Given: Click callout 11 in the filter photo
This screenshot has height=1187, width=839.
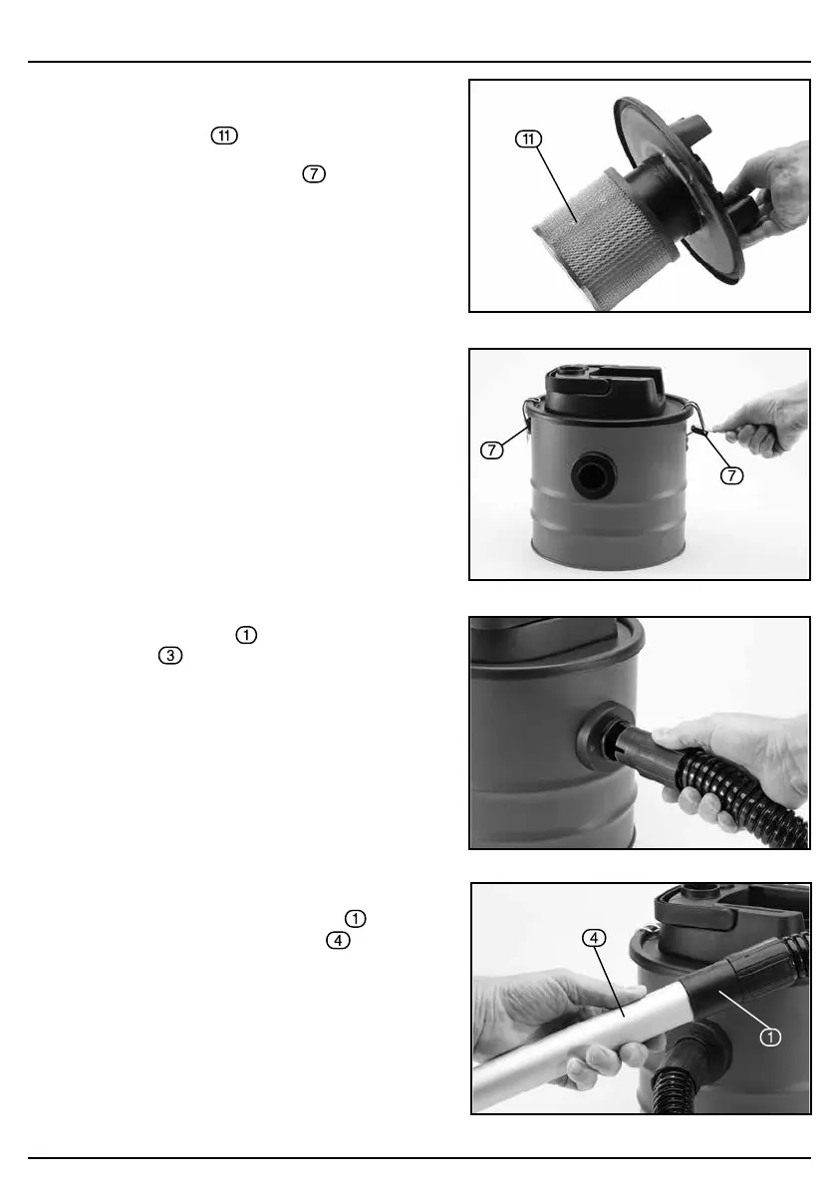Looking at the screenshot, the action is (528, 139).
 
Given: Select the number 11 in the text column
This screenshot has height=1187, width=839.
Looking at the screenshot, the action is (224, 136).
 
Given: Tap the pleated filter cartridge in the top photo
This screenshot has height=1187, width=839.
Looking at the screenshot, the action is (599, 237).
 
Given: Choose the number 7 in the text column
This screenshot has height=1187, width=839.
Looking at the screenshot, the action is (314, 173).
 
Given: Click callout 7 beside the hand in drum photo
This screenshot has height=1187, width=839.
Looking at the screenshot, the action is (731, 475).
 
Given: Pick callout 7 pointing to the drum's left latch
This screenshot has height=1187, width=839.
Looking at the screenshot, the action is (492, 450).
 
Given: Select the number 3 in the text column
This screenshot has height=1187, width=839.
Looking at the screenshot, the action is (170, 656).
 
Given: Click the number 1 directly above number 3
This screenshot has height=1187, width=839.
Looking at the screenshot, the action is (247, 635).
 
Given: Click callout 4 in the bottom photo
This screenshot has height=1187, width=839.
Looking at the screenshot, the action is (594, 938).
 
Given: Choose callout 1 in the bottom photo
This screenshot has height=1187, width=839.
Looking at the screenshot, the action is (770, 1038).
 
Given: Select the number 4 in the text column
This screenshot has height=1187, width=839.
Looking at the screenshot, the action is (338, 940).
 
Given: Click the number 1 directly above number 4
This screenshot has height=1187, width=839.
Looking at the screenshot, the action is (356, 918).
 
